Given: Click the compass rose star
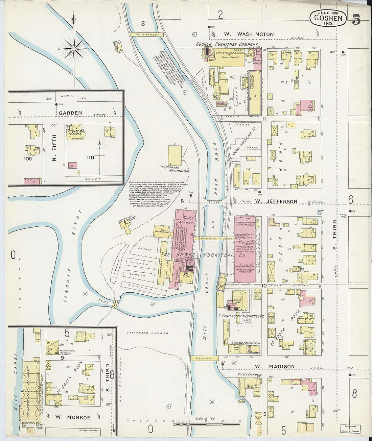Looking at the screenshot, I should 74,49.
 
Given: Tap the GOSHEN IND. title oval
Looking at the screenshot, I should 328,18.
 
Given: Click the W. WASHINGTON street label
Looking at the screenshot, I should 249,34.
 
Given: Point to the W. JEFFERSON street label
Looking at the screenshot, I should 276,201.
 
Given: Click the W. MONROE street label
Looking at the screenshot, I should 73,417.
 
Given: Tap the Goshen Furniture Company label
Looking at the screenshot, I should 227,44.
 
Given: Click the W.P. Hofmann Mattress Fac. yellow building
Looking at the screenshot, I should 175,155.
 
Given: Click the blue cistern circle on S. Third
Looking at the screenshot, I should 319,213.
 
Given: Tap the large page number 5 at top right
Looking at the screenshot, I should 356,20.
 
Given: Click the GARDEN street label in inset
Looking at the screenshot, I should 70,113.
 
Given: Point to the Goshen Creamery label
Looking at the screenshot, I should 250,374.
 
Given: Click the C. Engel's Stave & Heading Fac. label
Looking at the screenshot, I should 241,316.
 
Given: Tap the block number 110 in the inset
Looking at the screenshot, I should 90,157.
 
